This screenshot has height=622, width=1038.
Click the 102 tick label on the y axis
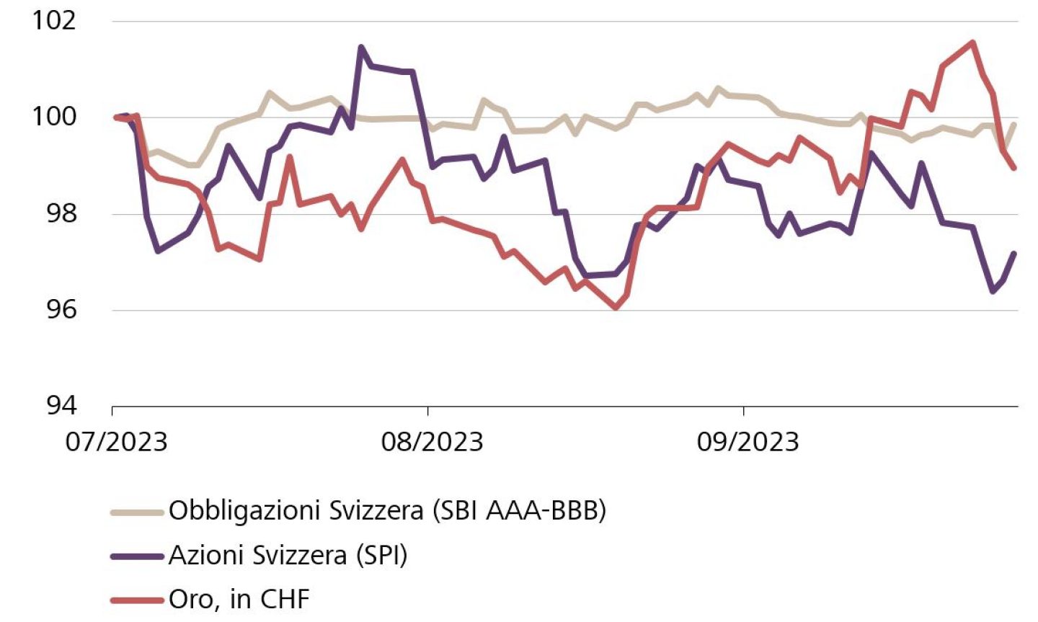54,19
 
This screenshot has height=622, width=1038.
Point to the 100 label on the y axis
54,116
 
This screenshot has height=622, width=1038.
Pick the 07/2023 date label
116,441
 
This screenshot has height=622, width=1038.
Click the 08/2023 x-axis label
432,441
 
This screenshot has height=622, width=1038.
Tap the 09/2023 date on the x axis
748,441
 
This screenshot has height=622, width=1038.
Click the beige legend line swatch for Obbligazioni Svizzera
137,512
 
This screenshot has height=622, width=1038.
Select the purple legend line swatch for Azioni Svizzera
137,556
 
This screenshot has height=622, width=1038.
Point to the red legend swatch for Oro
137,600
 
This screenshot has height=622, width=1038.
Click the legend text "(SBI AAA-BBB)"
518,511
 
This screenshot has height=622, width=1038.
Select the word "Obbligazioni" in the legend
244,511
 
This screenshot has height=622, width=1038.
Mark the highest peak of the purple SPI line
361,48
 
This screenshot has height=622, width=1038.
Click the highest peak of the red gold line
973,42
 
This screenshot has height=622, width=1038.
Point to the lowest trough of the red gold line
616,308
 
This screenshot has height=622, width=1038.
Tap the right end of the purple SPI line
1015,252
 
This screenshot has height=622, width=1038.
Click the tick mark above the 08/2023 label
428,411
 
